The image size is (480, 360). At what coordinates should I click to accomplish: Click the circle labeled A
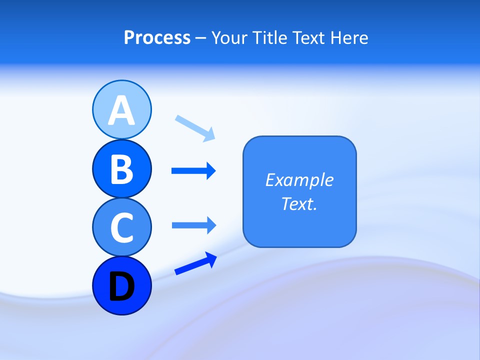pos(121,109)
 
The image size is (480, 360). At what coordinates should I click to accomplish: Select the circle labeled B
pos(121,168)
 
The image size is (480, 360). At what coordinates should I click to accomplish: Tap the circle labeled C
pos(121,227)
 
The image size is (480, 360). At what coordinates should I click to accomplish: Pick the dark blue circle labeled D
pos(121,285)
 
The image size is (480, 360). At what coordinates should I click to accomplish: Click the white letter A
pos(121,110)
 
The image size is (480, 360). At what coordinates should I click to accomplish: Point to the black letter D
pos(121,286)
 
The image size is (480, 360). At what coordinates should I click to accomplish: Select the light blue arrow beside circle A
pos(195,127)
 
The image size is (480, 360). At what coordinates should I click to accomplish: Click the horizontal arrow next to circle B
pos(193,171)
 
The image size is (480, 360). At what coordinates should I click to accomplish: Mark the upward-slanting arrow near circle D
pos(195,263)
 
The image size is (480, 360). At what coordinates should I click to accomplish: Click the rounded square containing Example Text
pos(299,191)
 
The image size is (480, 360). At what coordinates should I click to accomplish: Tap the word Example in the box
pos(299,180)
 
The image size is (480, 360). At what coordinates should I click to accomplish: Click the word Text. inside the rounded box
pos(299,203)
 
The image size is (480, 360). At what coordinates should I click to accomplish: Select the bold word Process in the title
pos(157,37)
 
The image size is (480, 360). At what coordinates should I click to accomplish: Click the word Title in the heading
pos(269,37)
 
